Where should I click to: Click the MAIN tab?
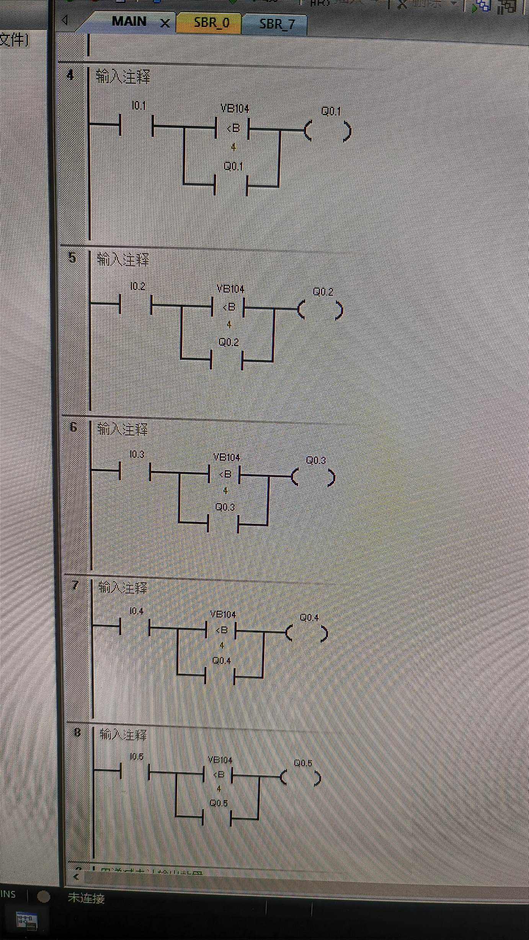(129, 22)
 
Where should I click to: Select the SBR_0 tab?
(211, 23)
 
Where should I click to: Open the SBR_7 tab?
(277, 24)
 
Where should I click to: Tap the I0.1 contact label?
(139, 106)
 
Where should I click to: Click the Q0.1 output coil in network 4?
(328, 131)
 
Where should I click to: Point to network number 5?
(72, 257)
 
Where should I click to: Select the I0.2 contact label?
(138, 286)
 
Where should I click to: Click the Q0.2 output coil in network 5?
(320, 310)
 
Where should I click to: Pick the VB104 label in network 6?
(227, 457)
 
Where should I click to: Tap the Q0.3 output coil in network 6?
(313, 477)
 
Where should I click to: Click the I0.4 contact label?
(136, 611)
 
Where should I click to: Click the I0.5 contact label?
(137, 756)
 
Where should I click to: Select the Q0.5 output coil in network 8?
(300, 778)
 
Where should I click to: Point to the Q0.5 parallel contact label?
(219, 803)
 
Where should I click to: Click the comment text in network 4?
(123, 77)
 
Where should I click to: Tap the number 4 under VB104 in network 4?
(233, 147)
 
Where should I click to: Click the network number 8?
(77, 732)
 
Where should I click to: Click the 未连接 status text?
(86, 898)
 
